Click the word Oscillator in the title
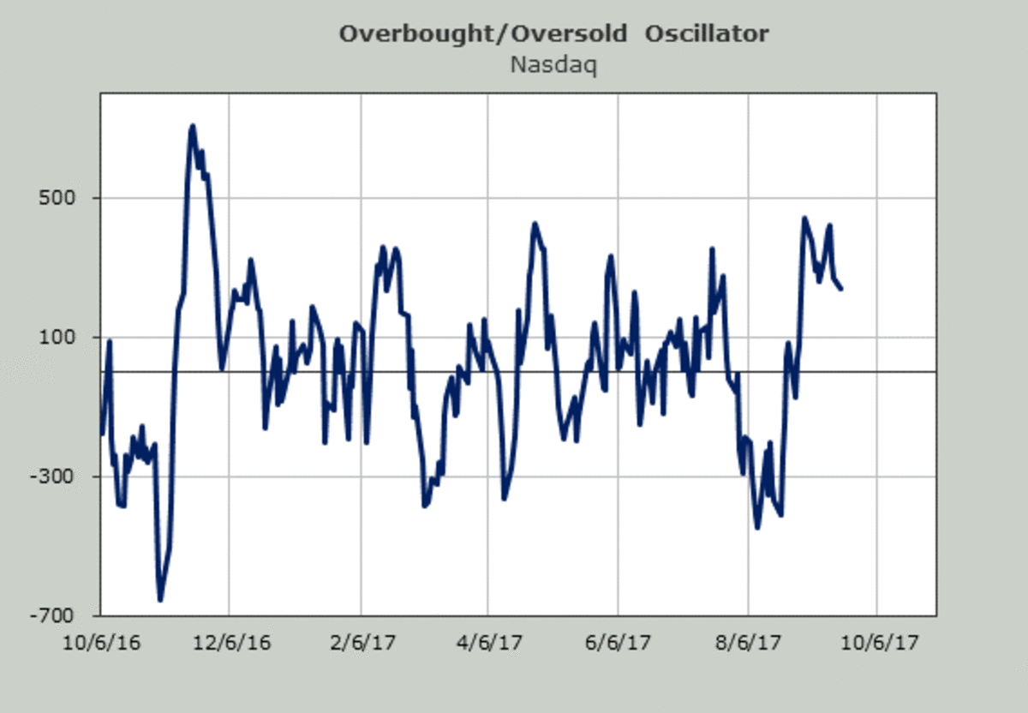(x=708, y=34)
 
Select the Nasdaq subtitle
(x=553, y=64)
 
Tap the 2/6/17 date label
(x=361, y=643)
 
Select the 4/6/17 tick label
(x=488, y=643)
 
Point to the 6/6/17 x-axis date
(x=619, y=643)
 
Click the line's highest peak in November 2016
(x=193, y=127)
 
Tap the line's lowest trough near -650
(x=160, y=599)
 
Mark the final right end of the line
(x=840, y=288)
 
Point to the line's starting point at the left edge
(x=102, y=433)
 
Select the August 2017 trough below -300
(x=757, y=526)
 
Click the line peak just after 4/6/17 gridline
(x=535, y=225)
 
